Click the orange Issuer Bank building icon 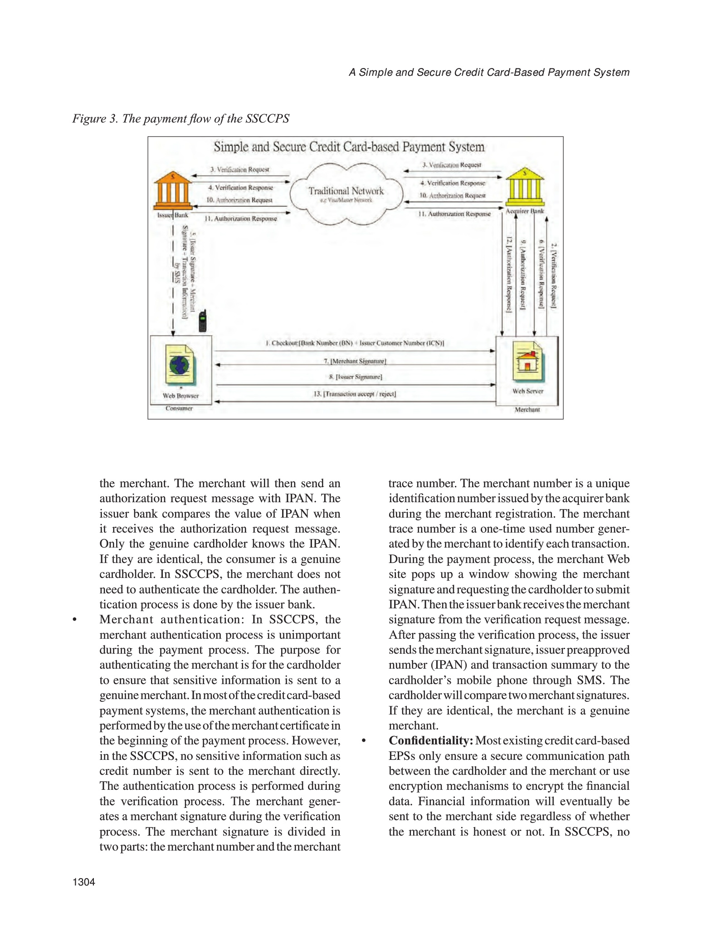coord(172,191)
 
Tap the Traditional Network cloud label coord(346,191)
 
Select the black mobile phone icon coord(203,321)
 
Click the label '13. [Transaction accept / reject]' coord(355,394)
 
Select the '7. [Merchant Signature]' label coord(355,362)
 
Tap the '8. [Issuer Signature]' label coord(356,377)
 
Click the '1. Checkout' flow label coord(355,343)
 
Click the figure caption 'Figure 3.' coord(95,119)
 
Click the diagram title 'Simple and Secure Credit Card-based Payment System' coord(349,147)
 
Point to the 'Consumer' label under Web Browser coord(179,408)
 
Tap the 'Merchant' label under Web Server coord(527,410)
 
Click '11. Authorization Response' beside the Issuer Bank coord(240,219)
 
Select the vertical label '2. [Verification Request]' coord(553,276)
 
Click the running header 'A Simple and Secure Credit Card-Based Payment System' coord(489,73)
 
